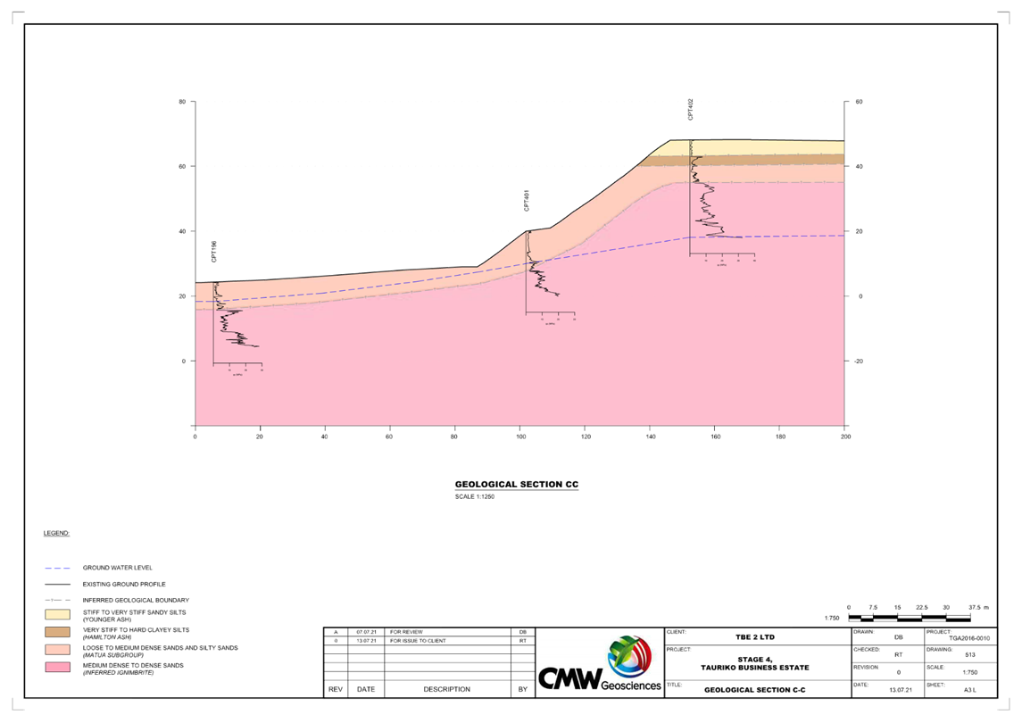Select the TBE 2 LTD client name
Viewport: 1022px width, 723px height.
tap(755, 637)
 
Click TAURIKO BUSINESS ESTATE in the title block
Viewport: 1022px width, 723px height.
tap(755, 668)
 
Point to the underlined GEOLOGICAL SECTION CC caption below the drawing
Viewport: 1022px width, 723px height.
tap(517, 485)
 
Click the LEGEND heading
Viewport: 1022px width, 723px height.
tap(56, 534)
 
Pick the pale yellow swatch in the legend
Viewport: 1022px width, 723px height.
tap(57, 614)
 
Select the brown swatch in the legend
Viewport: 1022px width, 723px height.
tap(57, 632)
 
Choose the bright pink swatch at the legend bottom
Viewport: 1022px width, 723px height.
tap(57, 667)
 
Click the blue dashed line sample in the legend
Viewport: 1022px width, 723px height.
tap(57, 568)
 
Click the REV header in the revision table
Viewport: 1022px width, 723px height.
tap(335, 690)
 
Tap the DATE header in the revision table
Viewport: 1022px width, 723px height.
tap(366, 690)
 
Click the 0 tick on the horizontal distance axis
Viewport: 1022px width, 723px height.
tap(195, 437)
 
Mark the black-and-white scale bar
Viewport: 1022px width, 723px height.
tap(910, 617)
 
